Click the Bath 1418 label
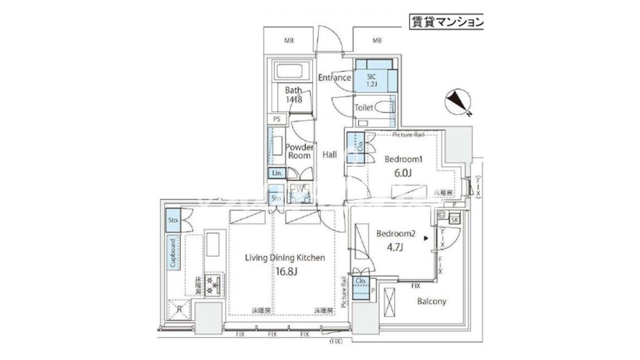click(293, 95)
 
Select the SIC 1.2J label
click(370, 80)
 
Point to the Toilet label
click(363, 107)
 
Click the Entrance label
click(334, 78)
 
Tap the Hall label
click(329, 155)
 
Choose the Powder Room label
click(299, 151)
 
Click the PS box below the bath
click(276, 119)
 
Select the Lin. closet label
click(276, 173)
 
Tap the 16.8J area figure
click(285, 271)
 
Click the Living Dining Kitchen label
click(285, 258)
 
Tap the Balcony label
click(431, 301)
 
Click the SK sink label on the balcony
click(454, 219)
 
